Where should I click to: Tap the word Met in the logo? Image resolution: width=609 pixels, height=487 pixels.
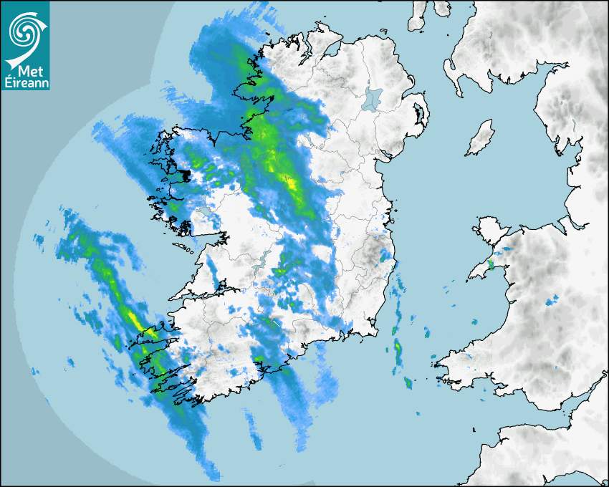click(27, 72)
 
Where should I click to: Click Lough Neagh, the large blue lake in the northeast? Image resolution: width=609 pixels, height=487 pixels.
click(373, 100)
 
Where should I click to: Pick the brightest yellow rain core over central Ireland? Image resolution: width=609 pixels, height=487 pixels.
click(291, 185)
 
